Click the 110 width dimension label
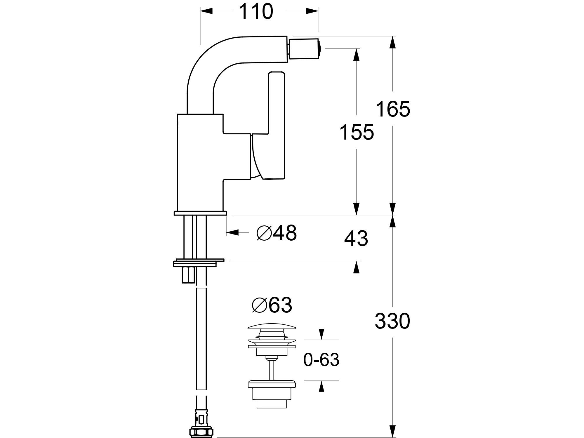[x=256, y=12]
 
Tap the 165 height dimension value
[x=393, y=109]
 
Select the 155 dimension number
[x=357, y=132]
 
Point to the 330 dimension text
[x=392, y=321]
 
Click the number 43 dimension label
[x=356, y=239]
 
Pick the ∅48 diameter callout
[x=277, y=233]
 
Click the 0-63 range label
[x=321, y=360]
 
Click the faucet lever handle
[x=276, y=126]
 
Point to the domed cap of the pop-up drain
[x=272, y=328]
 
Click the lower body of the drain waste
[x=272, y=394]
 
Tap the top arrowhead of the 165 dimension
[x=393, y=42]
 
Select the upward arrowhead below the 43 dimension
[x=356, y=267]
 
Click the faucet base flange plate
[x=200, y=213]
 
